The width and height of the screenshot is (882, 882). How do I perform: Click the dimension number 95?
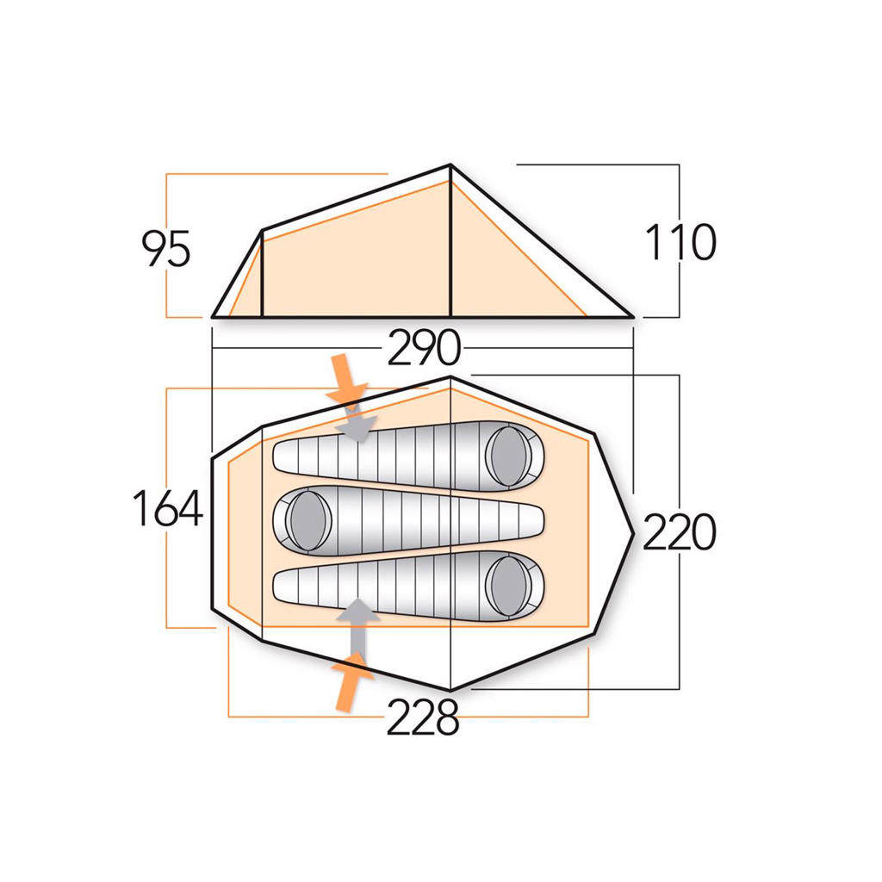166,248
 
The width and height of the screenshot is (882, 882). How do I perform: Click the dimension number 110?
680,242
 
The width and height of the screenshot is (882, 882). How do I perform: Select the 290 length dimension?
424,348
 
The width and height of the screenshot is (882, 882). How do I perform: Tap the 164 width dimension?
167,508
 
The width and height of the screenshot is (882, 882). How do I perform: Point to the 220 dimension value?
679,531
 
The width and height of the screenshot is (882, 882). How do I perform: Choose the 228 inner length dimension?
423,717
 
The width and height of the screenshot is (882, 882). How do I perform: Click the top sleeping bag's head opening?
508,456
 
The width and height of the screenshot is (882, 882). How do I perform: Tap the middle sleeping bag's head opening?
309,519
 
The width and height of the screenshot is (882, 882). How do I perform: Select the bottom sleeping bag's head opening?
508,585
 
